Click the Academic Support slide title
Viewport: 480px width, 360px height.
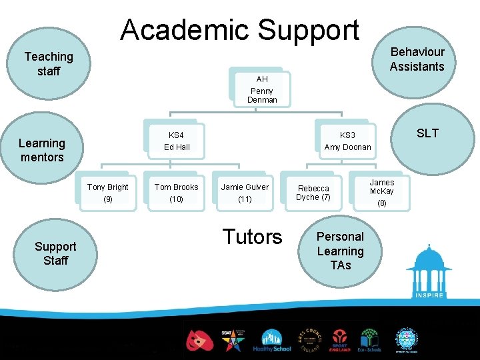coord(239,30)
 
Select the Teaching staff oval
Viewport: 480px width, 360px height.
coord(48,64)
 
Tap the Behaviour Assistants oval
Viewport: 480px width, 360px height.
coord(417,59)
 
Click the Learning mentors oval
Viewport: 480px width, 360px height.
coord(41,150)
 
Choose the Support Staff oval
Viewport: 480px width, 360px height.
coord(55,253)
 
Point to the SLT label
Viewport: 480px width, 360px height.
coord(427,133)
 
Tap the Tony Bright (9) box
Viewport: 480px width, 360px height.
coord(108,193)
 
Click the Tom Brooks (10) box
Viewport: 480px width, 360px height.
coord(176,193)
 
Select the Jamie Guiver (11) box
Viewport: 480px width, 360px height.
coord(245,193)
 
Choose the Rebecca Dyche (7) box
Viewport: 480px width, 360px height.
coord(313,193)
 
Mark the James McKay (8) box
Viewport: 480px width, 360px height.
coord(382,192)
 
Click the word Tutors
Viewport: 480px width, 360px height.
coord(253,237)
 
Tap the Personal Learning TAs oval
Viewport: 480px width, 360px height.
coord(340,251)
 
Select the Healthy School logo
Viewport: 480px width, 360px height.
coord(271,341)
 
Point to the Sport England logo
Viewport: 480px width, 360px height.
coord(339,341)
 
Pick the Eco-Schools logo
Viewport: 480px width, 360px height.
coord(369,341)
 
